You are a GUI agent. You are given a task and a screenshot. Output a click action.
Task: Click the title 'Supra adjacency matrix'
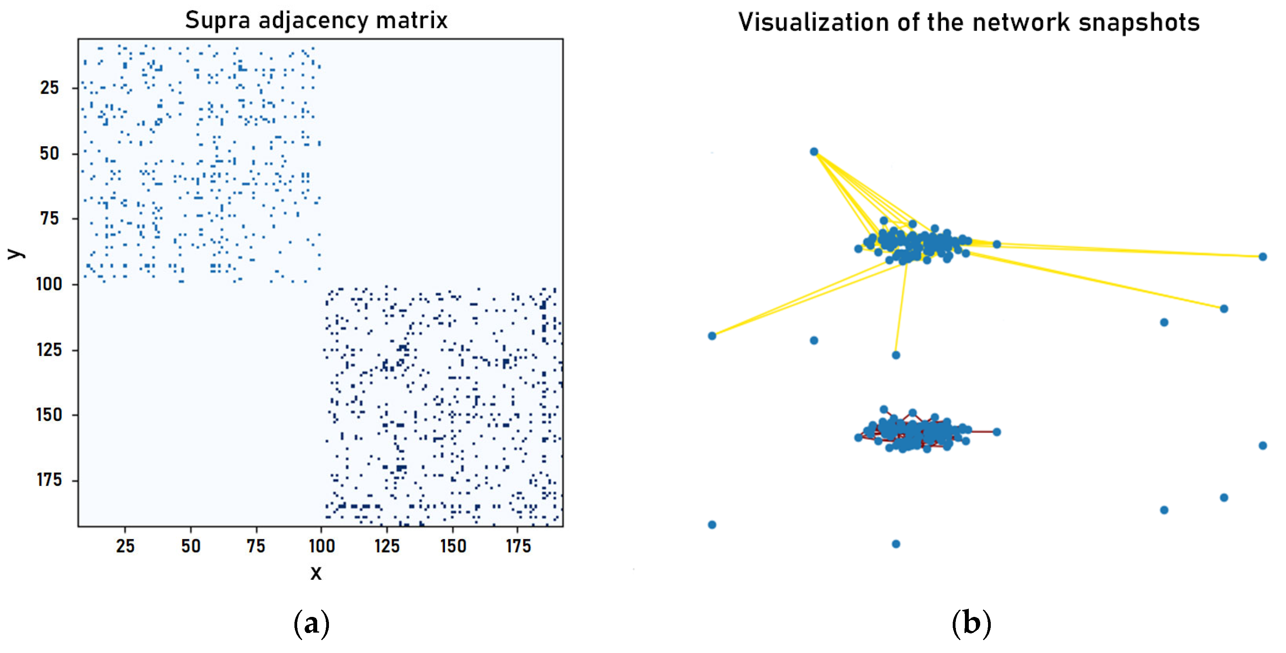(x=316, y=21)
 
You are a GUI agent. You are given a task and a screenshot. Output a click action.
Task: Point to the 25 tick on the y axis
(x=49, y=88)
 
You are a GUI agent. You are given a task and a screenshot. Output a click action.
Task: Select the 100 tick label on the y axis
(x=49, y=284)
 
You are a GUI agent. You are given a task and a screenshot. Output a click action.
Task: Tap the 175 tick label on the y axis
(x=49, y=480)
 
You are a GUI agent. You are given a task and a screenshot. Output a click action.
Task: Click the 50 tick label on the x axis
(x=191, y=546)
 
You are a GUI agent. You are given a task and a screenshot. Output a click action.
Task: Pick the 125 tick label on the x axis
(x=387, y=546)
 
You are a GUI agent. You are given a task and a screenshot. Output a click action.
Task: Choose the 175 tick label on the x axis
(x=518, y=546)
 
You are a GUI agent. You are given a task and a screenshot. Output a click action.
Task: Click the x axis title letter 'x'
(x=316, y=572)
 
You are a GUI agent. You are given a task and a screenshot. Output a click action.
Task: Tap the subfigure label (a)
(x=312, y=624)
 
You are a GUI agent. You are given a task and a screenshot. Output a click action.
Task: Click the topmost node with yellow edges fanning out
(x=814, y=152)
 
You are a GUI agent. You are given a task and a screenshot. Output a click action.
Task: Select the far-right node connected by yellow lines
(x=1262, y=256)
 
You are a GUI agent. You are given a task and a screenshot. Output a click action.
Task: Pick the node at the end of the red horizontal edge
(x=996, y=432)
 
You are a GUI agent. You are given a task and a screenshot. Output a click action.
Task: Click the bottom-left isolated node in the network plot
(x=712, y=525)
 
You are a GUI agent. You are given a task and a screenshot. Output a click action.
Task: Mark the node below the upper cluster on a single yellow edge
(x=895, y=355)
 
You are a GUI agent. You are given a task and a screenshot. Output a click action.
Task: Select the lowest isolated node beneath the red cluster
(x=895, y=544)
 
